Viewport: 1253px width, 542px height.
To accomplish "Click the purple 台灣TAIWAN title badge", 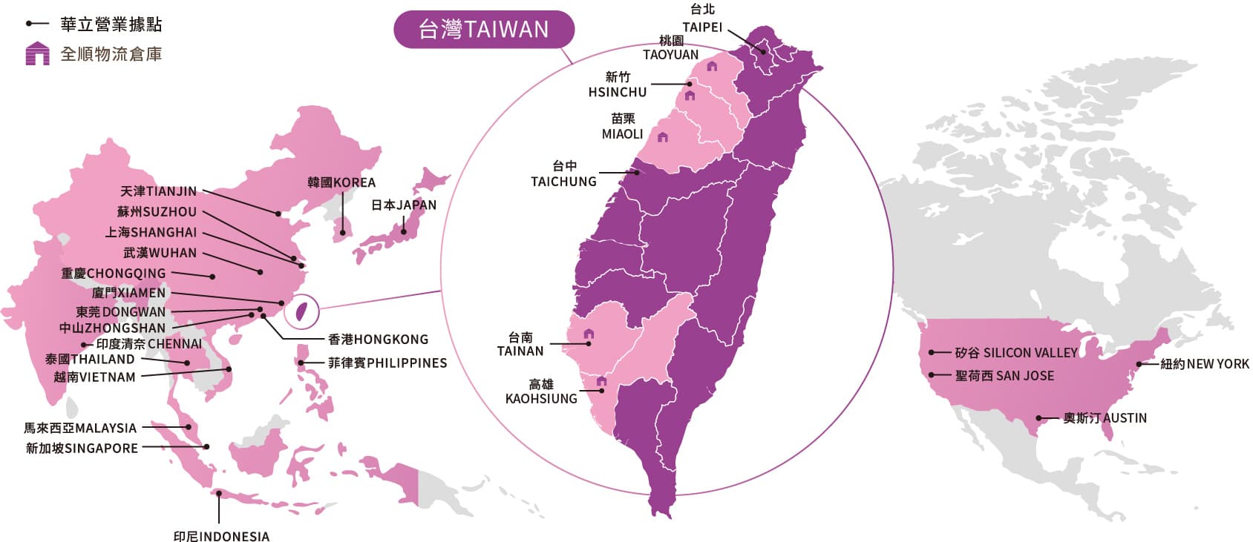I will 483,30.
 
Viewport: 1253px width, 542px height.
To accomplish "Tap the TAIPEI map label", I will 701,27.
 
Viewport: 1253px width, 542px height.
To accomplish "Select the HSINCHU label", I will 617,92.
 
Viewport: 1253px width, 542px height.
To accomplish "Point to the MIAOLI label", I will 622,133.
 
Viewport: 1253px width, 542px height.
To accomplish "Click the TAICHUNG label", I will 563,181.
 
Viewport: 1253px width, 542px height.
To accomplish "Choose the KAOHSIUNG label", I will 540,398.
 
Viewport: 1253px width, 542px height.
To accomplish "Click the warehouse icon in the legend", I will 37,54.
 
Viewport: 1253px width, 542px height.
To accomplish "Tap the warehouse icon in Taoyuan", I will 712,66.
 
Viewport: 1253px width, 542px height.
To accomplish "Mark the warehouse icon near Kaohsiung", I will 601,381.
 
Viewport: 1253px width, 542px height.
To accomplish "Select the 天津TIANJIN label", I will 158,191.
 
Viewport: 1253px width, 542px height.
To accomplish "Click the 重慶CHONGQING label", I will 114,274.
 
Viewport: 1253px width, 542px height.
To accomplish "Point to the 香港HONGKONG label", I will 378,340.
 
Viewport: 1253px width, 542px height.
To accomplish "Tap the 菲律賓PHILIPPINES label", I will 387,363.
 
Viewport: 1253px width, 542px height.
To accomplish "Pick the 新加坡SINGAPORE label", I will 82,448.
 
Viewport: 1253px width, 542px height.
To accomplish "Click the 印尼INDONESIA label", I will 221,535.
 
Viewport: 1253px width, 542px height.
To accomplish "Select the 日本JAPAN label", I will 403,205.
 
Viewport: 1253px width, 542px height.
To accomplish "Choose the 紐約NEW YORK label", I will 1204,364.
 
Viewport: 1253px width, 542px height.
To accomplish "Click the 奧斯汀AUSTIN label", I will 1105,418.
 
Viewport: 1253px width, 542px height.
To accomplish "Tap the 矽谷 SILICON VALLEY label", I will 1015,353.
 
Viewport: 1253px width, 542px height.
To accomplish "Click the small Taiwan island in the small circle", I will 301,311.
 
